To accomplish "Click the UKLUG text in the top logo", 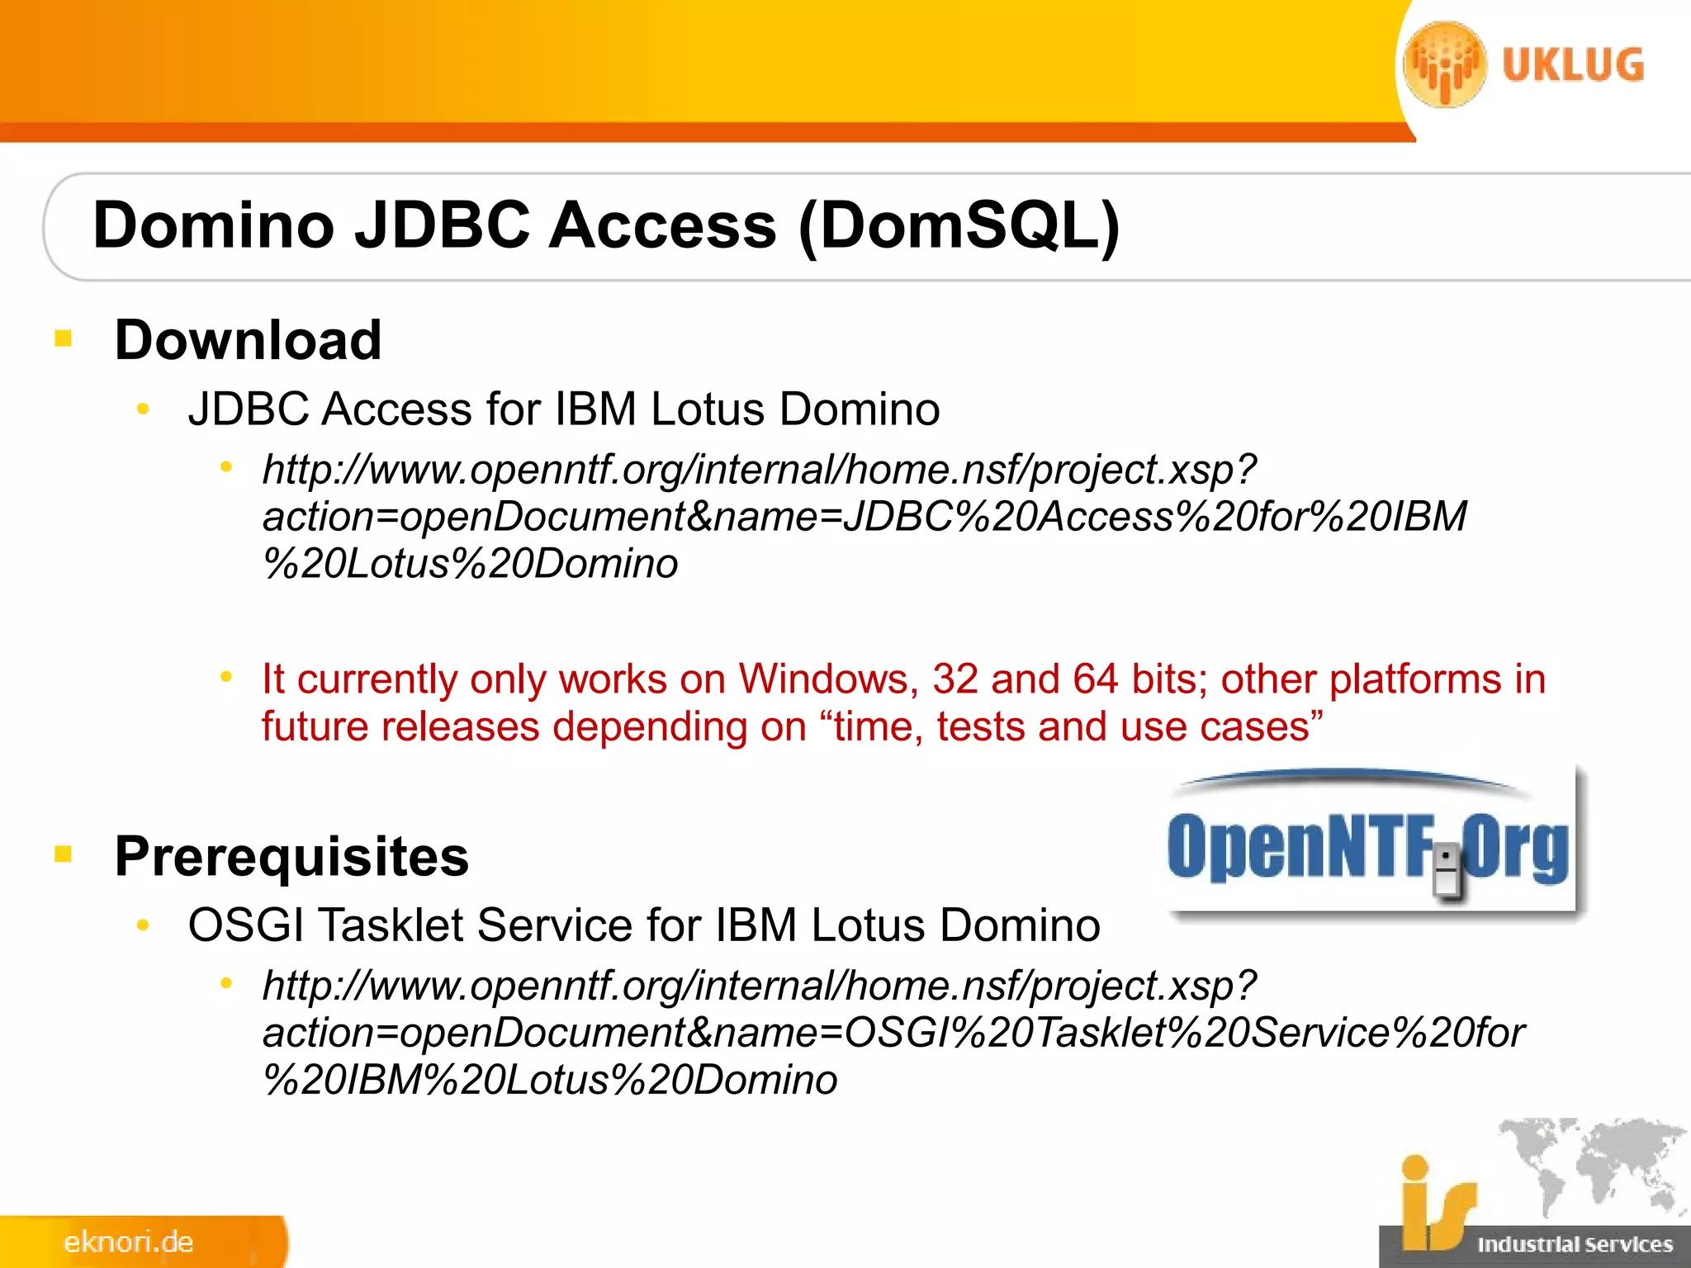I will [x=1573, y=65].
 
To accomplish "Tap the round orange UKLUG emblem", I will [x=1445, y=64].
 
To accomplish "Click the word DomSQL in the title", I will [x=958, y=225].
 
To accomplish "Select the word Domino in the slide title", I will [x=213, y=225].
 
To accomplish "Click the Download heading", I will [x=248, y=339].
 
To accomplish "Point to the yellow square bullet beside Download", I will [x=64, y=338].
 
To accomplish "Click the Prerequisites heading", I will [x=291, y=855].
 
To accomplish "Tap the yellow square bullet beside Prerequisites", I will [x=64, y=854].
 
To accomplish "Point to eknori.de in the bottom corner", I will [x=129, y=1242].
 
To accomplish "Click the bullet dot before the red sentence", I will [x=226, y=677].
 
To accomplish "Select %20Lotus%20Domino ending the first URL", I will [x=470, y=564].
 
